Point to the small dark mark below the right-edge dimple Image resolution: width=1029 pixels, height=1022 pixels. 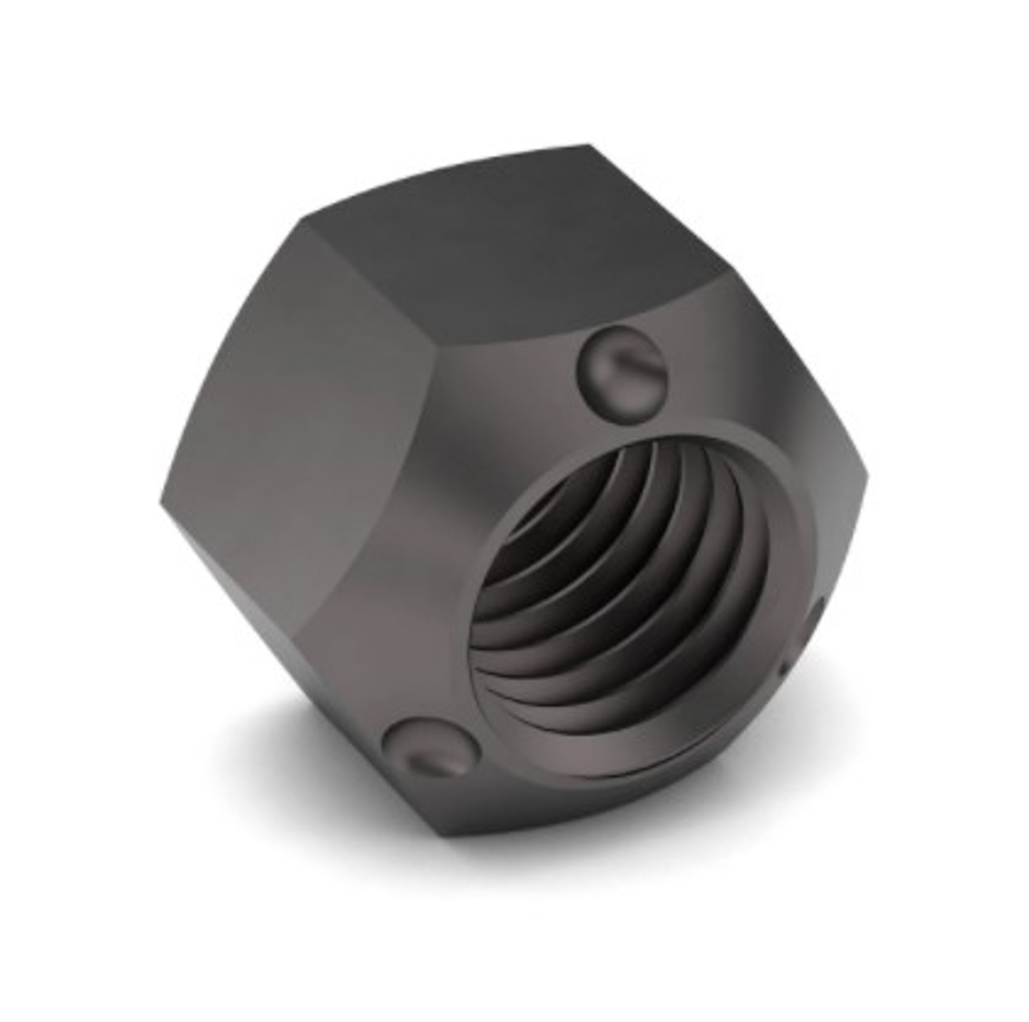click(x=783, y=668)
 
